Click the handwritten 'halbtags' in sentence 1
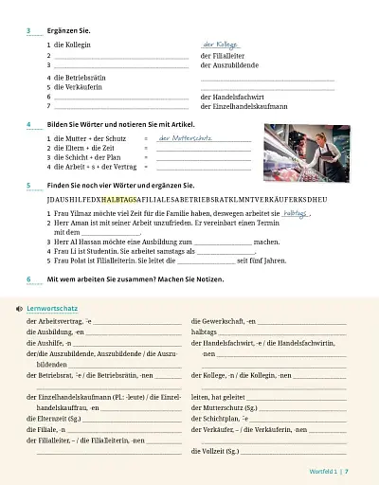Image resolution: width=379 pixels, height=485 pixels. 296,215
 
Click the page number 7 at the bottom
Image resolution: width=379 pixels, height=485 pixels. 347,471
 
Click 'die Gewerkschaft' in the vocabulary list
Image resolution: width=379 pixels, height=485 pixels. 218,322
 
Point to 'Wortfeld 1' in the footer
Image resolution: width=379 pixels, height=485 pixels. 323,471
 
